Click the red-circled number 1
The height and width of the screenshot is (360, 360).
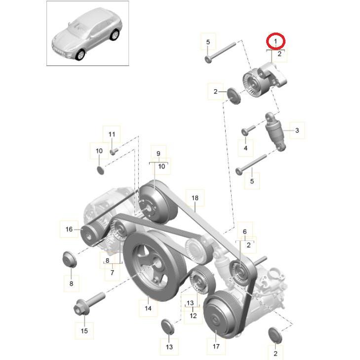point(276,40)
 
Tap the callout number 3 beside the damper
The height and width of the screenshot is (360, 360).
point(297,130)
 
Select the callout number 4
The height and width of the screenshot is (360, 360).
point(245,147)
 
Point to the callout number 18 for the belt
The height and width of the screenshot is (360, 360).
point(195,198)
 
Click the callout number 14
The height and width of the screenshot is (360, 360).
point(148,308)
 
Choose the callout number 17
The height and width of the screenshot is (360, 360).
point(216,346)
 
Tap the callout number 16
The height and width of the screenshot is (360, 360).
point(69,229)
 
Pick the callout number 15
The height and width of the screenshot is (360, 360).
point(84,330)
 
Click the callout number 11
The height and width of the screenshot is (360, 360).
point(112,134)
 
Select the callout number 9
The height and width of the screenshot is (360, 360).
point(159,154)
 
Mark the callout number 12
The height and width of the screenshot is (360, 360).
point(193,316)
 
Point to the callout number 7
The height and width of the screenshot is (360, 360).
point(112,272)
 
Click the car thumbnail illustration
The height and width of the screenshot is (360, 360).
point(88,33)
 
